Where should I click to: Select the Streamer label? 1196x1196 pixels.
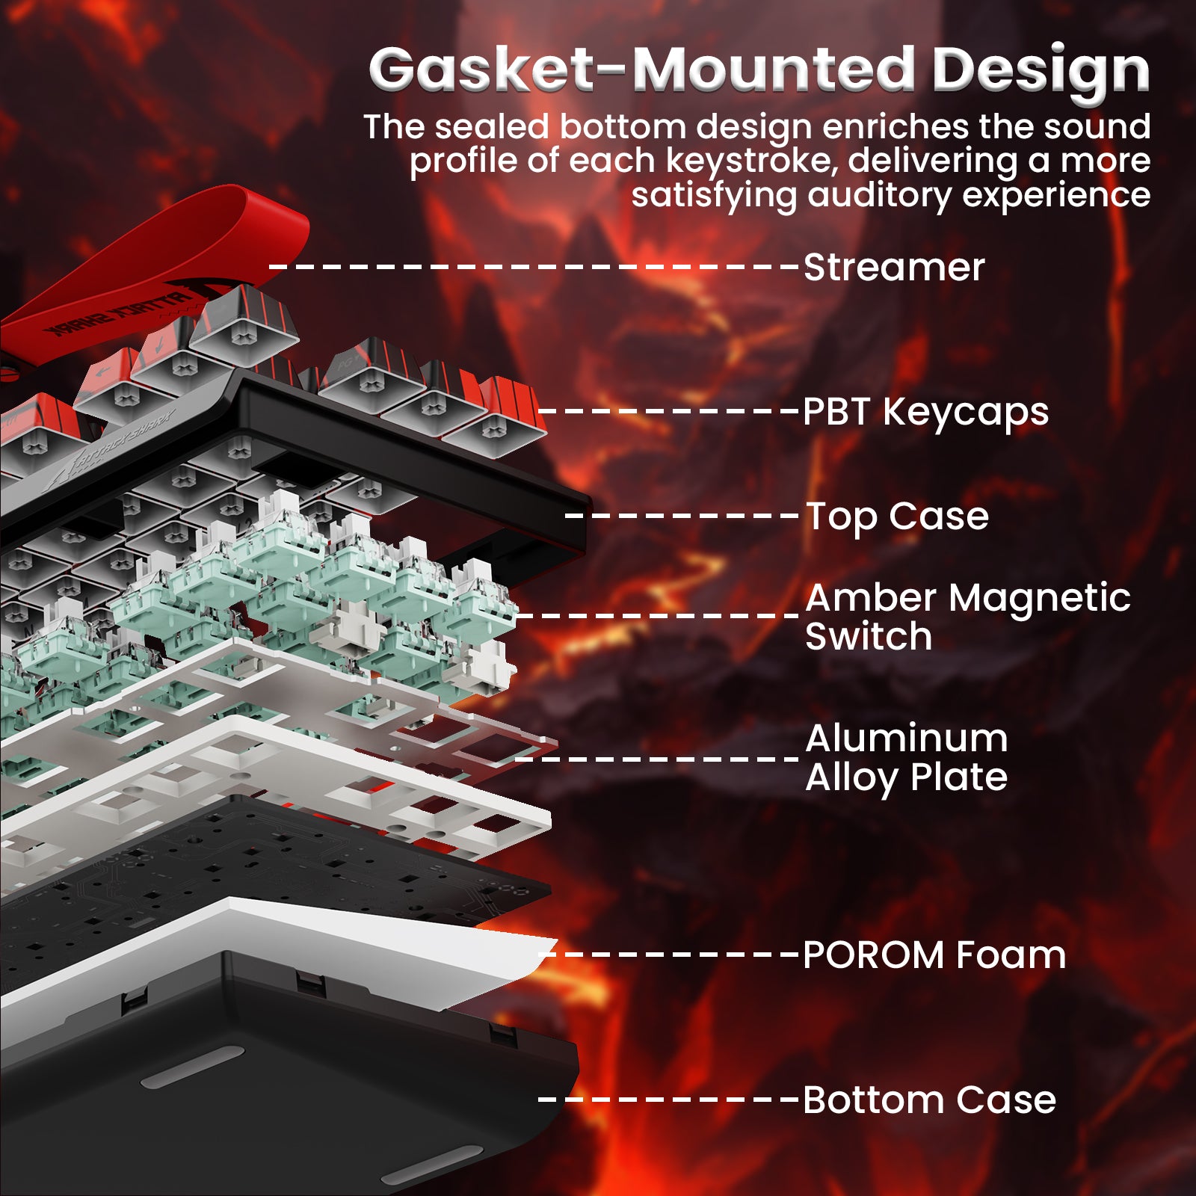(x=894, y=267)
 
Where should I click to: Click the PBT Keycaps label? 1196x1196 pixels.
(x=925, y=413)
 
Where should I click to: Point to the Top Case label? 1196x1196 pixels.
(x=897, y=517)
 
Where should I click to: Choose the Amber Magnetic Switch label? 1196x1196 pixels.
(x=968, y=617)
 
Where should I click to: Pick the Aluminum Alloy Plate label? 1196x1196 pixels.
(x=907, y=759)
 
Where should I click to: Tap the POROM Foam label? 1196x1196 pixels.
(x=934, y=955)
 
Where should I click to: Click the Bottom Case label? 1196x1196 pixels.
(x=929, y=1100)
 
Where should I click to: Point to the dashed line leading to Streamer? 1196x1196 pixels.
(x=534, y=266)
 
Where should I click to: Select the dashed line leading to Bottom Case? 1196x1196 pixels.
(x=668, y=1099)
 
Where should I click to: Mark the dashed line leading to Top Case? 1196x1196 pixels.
(x=682, y=516)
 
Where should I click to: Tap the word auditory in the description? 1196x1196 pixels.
(x=879, y=196)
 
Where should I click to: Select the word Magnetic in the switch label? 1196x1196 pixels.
(x=1040, y=599)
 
